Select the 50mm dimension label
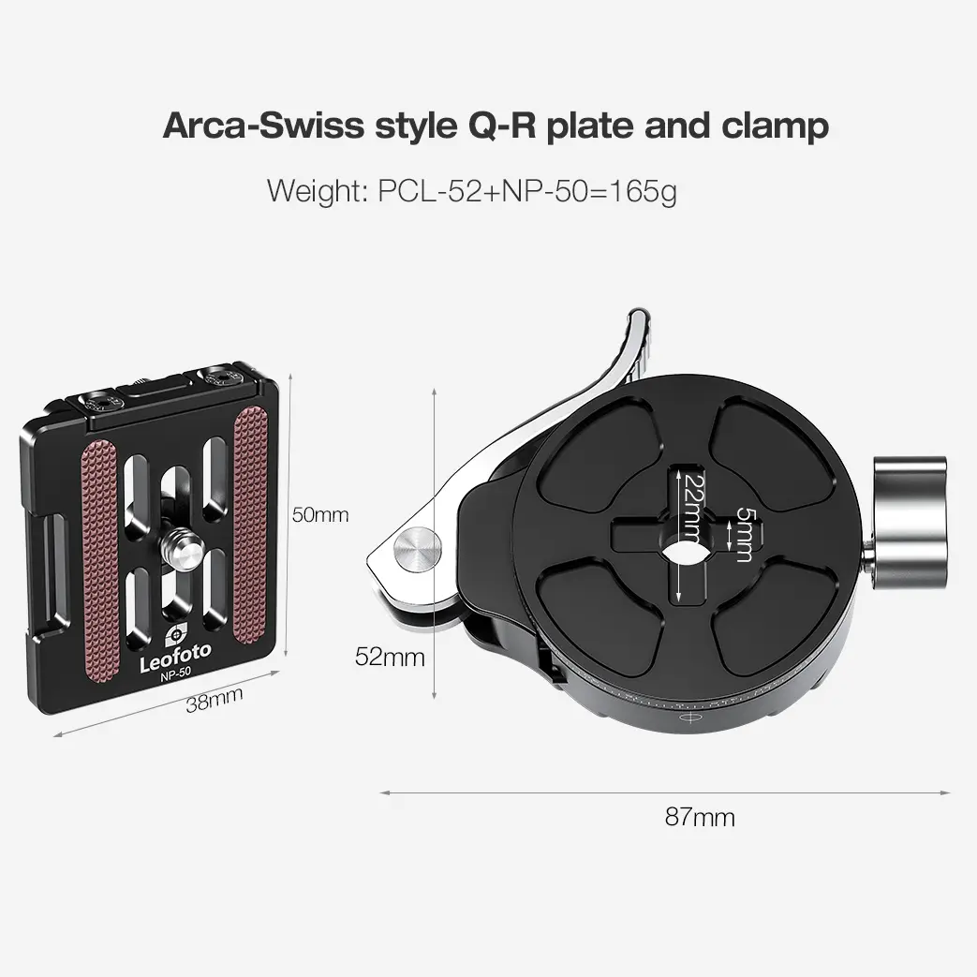[319, 514]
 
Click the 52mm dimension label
[390, 657]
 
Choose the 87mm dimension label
[700, 817]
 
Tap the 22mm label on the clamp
[691, 507]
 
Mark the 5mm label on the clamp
[744, 534]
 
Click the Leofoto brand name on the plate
[175, 660]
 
